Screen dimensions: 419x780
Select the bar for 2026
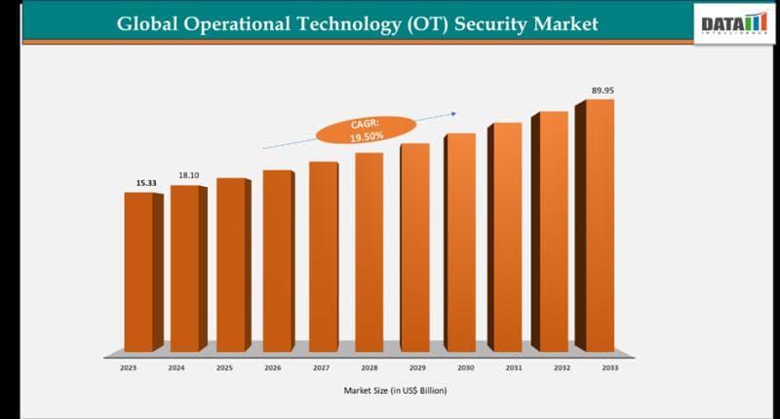click(277, 260)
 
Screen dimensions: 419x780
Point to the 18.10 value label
click(188, 175)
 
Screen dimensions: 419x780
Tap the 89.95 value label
click(603, 90)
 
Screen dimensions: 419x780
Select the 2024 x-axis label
click(175, 369)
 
